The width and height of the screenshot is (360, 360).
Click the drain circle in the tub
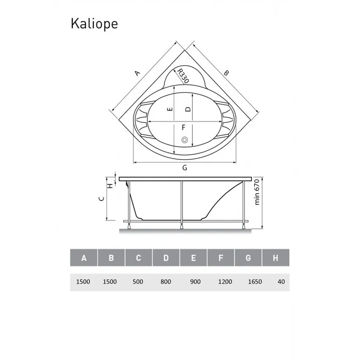[184, 140]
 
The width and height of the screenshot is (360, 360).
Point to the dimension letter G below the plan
[185, 168]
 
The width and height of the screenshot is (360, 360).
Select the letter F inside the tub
[183, 127]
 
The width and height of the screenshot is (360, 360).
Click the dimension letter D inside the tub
[188, 109]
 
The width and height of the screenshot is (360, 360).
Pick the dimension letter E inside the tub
[169, 109]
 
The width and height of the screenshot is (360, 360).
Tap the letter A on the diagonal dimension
[136, 73]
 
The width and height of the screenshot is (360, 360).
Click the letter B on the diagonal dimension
[226, 73]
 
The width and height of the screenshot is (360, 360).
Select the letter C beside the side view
[100, 198]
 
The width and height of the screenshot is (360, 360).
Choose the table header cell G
[248, 258]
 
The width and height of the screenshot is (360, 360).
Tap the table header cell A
[84, 258]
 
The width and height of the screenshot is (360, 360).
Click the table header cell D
[166, 258]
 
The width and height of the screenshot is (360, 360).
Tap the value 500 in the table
[138, 282]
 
